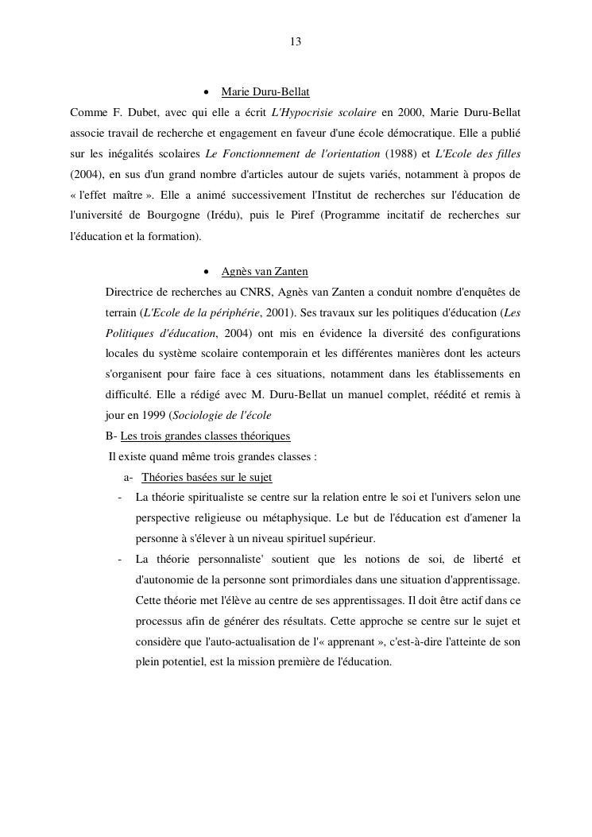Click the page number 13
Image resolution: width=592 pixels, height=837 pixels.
click(296, 41)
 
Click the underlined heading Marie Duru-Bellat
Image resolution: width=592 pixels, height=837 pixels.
click(265, 92)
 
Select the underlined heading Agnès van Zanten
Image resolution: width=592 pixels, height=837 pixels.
click(265, 272)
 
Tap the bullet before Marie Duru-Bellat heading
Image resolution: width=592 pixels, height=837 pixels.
click(207, 93)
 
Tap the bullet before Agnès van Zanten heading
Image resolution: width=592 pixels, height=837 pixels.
click(207, 273)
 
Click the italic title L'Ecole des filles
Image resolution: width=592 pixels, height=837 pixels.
click(478, 153)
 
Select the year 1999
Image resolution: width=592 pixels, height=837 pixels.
click(150, 415)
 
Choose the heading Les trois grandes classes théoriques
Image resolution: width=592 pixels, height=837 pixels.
click(205, 436)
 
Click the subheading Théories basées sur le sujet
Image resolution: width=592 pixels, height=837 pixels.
click(207, 477)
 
